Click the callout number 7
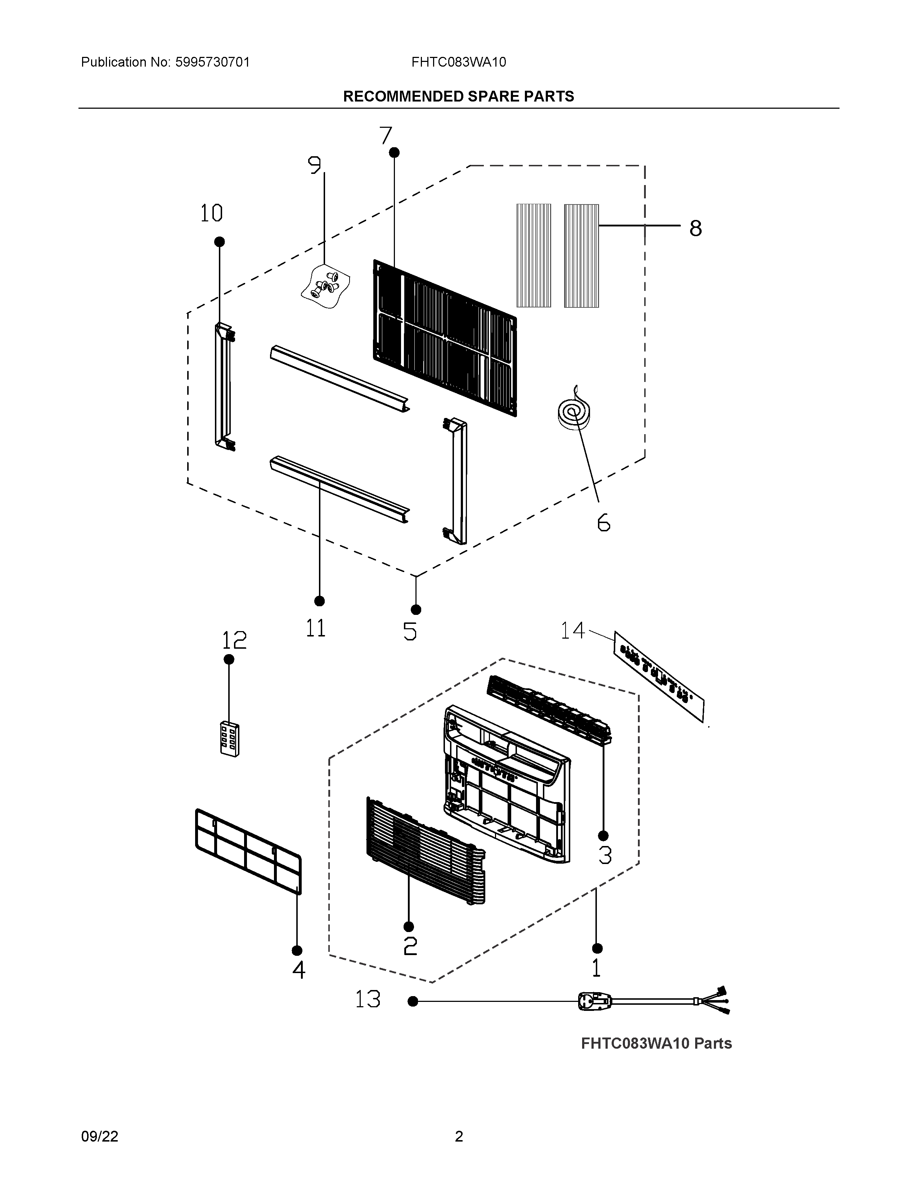(x=386, y=135)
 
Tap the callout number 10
(x=212, y=213)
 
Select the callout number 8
(x=695, y=229)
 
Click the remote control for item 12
(x=230, y=739)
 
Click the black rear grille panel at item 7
(x=445, y=337)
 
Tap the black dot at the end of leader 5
(x=416, y=610)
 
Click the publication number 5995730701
(x=213, y=63)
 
